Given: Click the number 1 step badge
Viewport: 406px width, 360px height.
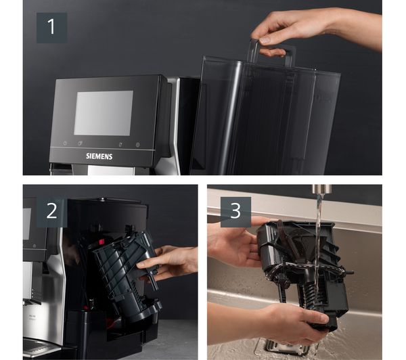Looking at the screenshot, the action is (52, 28).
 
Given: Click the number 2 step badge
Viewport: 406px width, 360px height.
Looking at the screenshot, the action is (52, 212).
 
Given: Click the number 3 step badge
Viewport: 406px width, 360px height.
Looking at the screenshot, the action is (235, 212).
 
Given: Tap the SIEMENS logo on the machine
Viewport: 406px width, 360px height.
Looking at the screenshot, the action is (99, 156).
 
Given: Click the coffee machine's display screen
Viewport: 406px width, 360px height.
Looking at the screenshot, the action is (104, 113).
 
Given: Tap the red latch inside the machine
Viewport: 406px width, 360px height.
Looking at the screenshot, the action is (101, 242).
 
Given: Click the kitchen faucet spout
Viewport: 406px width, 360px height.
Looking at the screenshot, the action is (321, 189).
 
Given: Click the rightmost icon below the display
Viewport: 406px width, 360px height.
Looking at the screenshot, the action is (138, 145).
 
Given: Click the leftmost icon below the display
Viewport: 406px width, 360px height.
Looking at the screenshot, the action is (65, 143).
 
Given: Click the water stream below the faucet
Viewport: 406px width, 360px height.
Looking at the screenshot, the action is (319, 259).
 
